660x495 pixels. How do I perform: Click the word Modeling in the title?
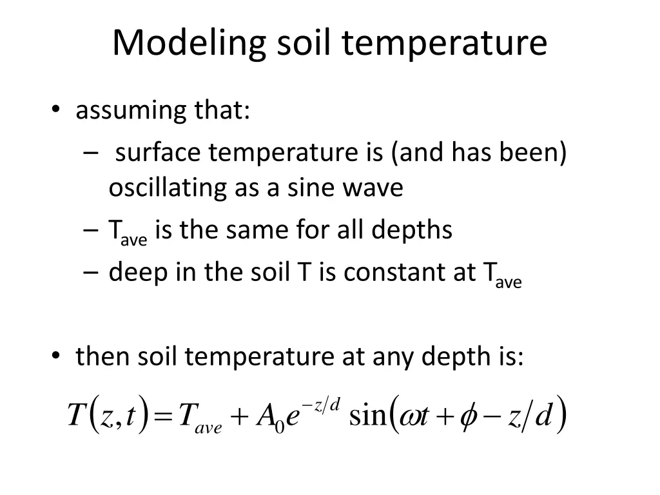[189, 44]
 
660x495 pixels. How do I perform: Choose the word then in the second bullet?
[103, 356]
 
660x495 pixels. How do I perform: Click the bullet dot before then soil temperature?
[57, 356]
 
